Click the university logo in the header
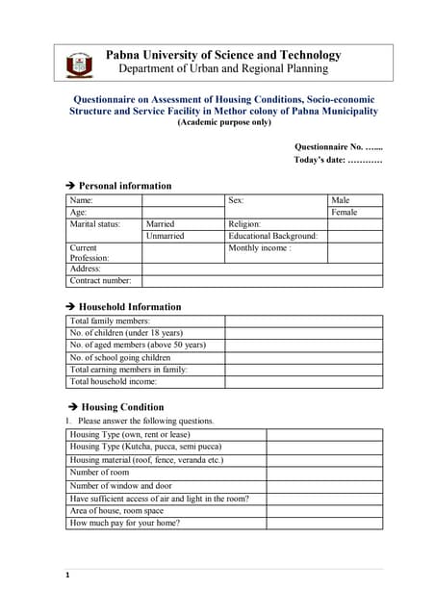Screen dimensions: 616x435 (x=79, y=64)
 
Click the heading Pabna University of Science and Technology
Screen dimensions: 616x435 (x=223, y=55)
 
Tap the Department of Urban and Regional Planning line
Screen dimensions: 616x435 (x=223, y=69)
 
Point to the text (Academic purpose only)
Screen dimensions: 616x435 (x=223, y=124)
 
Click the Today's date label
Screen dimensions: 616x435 (x=338, y=160)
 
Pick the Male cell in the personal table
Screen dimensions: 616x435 (x=340, y=200)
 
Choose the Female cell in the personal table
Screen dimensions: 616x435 (x=344, y=212)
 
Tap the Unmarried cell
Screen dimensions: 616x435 (x=165, y=236)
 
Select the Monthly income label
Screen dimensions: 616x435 (x=259, y=247)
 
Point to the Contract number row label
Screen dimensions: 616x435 (x=100, y=281)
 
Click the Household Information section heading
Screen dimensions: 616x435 (x=129, y=307)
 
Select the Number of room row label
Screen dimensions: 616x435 (x=99, y=473)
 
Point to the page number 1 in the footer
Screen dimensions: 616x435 (x=68, y=576)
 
